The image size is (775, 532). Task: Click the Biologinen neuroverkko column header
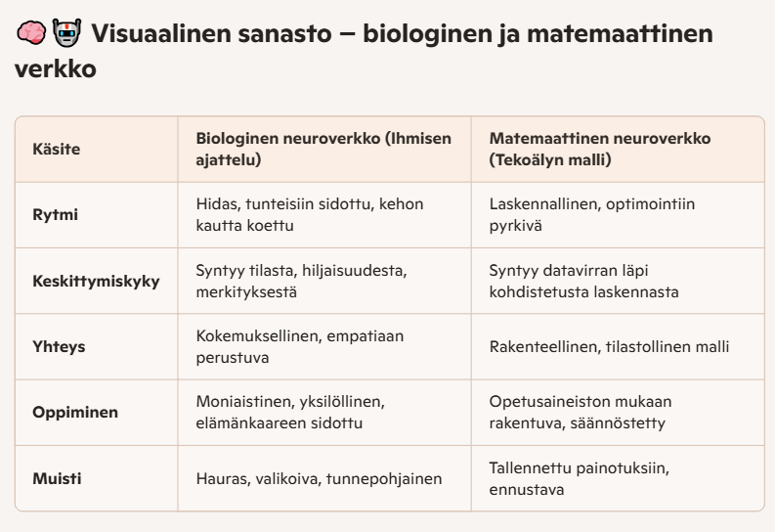pyautogui.click(x=323, y=149)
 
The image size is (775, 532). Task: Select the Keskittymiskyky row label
pyautogui.click(x=97, y=281)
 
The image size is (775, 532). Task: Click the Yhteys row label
pyautogui.click(x=57, y=346)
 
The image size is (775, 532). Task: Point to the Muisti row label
pyautogui.click(x=55, y=478)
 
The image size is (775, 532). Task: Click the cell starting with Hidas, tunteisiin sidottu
pyautogui.click(x=312, y=214)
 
